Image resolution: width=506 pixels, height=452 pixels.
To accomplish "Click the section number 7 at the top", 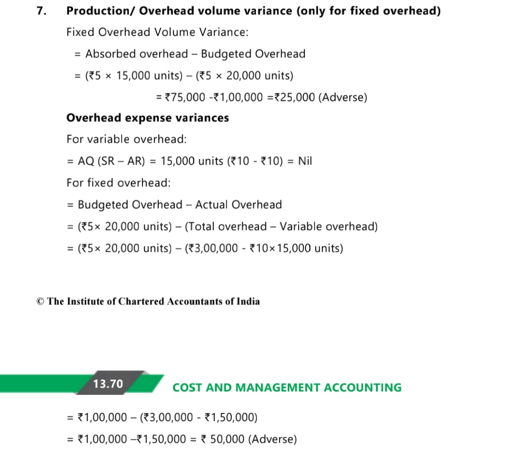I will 41,11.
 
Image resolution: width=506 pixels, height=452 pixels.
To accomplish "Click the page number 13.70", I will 108,384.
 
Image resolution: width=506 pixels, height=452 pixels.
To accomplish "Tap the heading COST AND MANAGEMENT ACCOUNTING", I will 287,388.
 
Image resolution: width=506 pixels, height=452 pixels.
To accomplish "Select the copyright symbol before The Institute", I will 40,301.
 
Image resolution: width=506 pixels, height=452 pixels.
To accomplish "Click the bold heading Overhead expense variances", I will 148,118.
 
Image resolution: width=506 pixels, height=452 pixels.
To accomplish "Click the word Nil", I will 305,161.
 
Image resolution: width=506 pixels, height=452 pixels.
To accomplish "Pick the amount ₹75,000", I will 186,98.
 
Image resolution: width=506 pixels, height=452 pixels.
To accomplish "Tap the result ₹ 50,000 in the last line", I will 223,439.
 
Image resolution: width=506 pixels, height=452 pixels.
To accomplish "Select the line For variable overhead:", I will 126,139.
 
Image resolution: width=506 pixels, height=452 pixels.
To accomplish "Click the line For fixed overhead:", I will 119,183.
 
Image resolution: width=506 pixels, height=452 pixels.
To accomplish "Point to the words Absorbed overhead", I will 136,54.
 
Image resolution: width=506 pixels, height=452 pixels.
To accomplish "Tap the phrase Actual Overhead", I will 238,205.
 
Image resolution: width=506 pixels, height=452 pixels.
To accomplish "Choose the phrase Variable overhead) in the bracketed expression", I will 328,227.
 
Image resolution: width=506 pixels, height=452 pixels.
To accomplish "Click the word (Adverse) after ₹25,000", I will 343,98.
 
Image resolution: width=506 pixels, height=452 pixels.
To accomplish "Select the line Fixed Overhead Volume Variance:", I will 157,32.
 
